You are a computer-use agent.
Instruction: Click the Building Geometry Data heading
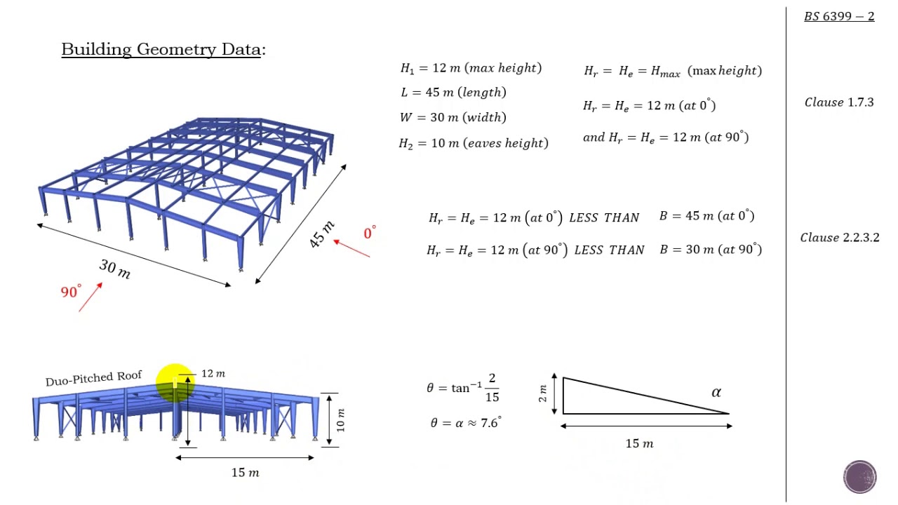pos(163,50)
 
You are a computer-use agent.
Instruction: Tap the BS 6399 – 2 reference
pos(839,16)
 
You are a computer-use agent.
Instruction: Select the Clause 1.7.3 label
pos(839,102)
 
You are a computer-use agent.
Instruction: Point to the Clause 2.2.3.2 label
pos(840,237)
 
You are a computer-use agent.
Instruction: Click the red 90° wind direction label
pos(71,291)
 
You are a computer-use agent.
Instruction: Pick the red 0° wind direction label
pos(370,232)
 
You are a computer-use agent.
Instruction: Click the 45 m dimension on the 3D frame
pos(321,234)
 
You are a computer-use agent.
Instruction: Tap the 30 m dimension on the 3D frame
pos(114,269)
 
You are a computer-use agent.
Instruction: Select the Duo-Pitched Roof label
pos(93,378)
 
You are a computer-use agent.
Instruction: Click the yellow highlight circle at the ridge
pos(175,383)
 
